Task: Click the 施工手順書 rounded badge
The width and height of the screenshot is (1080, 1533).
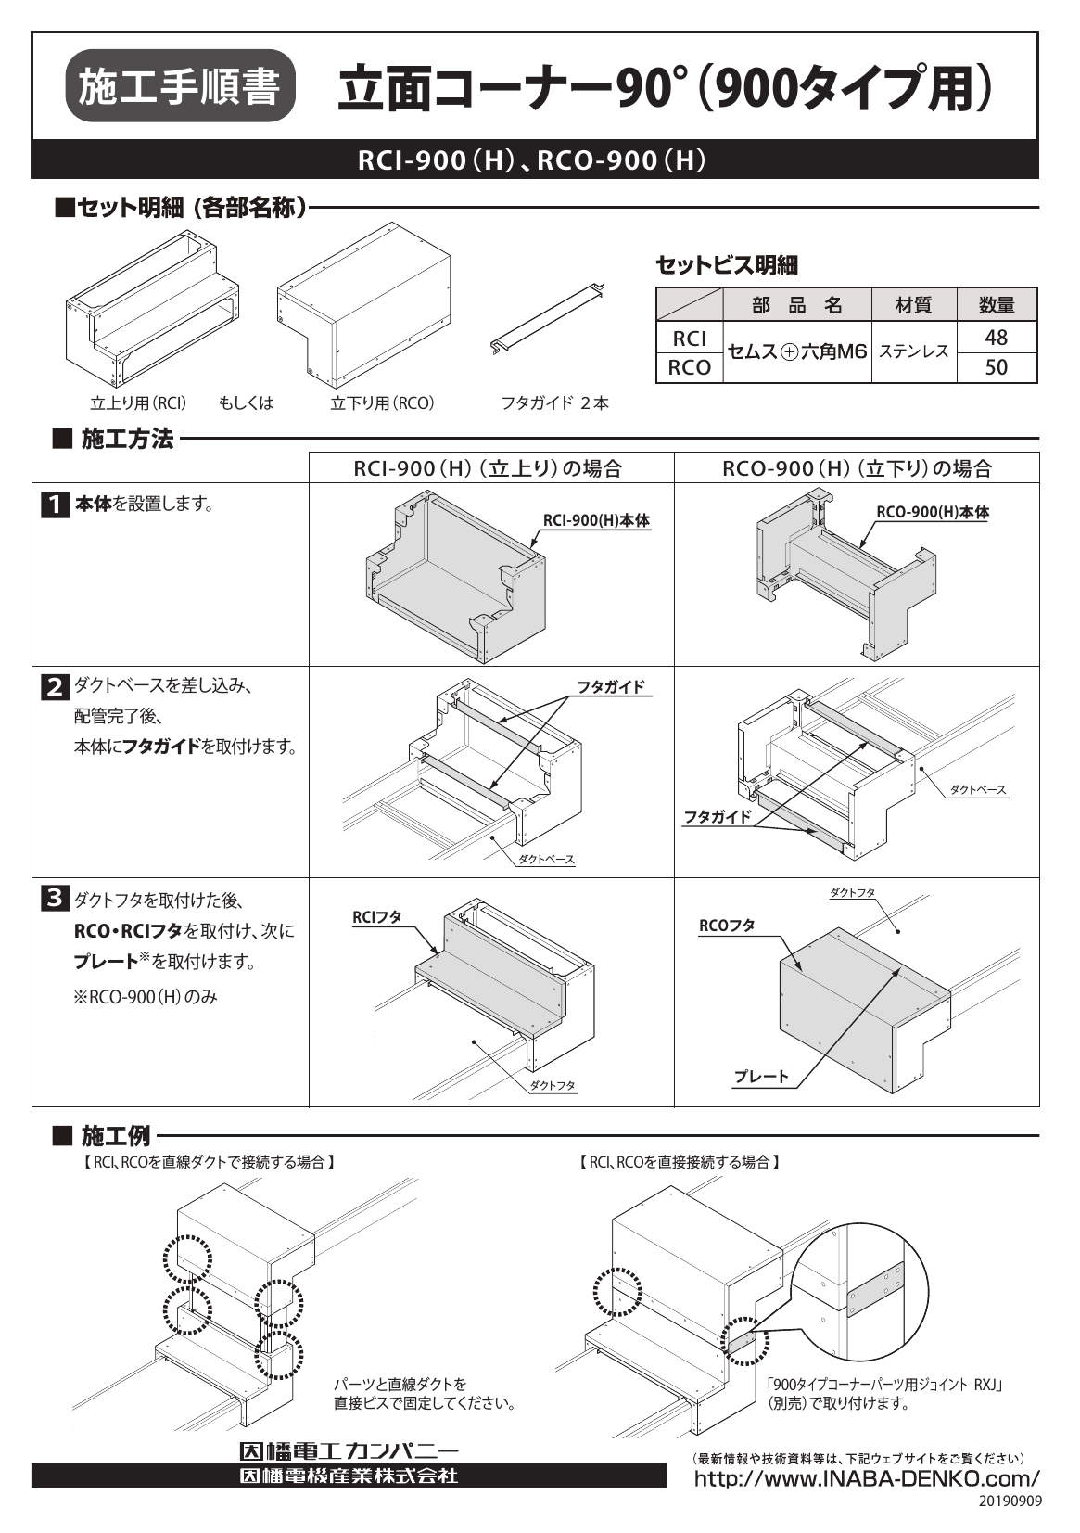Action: (181, 86)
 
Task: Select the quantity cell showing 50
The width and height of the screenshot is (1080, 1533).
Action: (996, 367)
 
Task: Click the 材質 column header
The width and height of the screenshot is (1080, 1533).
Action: (913, 304)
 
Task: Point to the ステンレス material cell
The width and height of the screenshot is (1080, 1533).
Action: (913, 351)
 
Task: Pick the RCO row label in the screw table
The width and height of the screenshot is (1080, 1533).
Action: (689, 367)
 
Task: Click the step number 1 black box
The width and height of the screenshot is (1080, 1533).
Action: (55, 505)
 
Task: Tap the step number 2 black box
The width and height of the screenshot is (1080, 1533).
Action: (55, 686)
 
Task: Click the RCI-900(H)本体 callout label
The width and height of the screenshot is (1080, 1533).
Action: (596, 521)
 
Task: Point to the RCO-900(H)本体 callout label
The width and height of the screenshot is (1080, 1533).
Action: (933, 512)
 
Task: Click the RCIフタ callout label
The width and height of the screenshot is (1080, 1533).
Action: (377, 917)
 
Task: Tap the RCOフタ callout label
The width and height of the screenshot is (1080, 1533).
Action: (727, 926)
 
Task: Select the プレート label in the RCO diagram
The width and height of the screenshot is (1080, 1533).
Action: (761, 1077)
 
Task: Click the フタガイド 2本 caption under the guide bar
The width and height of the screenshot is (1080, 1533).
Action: (554, 403)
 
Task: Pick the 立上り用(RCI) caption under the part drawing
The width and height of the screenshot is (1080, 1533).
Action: (139, 403)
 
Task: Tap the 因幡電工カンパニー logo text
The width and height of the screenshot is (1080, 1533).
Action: (349, 1450)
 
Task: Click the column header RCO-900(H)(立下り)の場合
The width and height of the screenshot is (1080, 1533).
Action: (857, 468)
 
